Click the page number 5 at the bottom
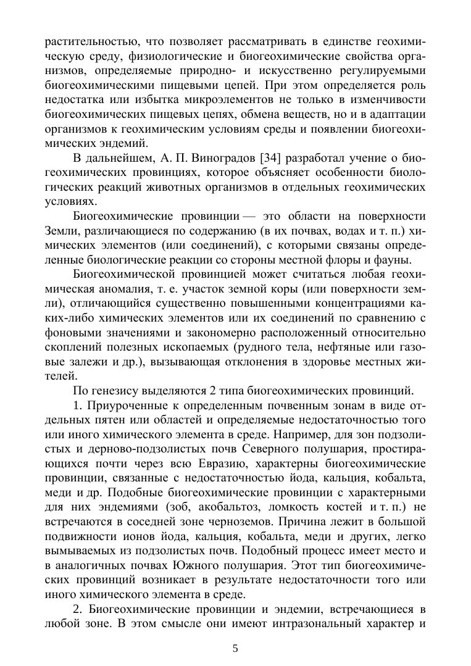[235, 648]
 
